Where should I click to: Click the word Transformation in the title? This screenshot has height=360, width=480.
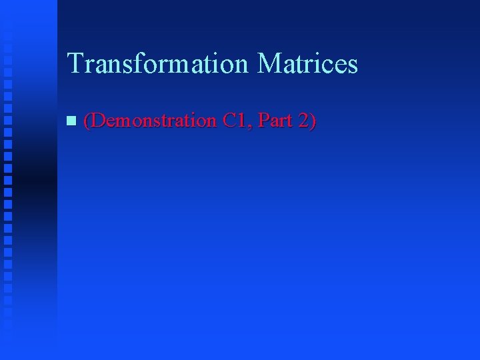coord(158,64)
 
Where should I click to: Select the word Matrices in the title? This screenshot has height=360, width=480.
coord(307,64)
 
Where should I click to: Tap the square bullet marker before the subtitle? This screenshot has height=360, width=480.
coord(71,121)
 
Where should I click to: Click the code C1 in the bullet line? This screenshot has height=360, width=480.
coord(235,121)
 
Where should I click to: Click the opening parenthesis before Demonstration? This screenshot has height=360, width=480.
coord(87,121)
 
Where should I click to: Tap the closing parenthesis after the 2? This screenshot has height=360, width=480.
coord(312,121)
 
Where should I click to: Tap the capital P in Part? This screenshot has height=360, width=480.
coord(262,121)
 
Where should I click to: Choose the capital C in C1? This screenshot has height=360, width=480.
coord(230,121)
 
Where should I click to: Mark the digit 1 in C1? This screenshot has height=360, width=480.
coord(242,121)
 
